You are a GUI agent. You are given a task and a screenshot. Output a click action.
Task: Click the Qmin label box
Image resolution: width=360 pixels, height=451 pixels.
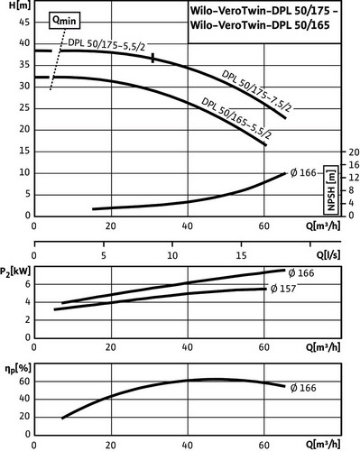tap(64, 21)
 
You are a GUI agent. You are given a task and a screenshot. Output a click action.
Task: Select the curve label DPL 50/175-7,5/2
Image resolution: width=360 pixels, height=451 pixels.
tap(256, 91)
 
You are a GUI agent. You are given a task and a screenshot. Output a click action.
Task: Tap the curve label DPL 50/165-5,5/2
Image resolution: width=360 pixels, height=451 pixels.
tap(236, 118)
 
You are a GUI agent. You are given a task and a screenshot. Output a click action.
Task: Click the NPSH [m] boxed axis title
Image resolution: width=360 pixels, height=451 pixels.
tap(331, 189)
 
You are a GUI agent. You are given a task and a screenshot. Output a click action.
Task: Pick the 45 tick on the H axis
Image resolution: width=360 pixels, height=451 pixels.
tap(24, 22)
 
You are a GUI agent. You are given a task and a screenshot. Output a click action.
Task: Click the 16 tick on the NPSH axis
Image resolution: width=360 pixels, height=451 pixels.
tap(353, 165)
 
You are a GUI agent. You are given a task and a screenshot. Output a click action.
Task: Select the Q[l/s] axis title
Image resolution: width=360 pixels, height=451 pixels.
tap(328, 255)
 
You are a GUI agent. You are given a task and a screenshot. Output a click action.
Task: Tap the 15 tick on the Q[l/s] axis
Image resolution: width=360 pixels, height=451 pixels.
tap(241, 255)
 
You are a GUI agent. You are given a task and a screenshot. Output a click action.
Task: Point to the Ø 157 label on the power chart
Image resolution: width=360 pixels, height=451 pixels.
tap(283, 289)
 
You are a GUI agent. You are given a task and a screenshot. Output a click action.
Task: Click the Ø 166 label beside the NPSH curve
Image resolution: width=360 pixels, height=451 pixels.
tap(303, 173)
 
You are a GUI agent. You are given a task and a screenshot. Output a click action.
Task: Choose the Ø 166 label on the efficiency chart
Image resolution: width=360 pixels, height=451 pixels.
tap(303, 388)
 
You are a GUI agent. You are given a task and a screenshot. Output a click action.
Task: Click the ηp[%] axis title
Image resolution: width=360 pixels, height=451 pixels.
tap(18, 369)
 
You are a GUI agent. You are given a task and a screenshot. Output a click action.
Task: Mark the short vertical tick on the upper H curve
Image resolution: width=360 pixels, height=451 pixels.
tap(153, 58)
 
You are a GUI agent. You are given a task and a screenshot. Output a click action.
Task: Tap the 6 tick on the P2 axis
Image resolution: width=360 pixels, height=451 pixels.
tap(28, 284)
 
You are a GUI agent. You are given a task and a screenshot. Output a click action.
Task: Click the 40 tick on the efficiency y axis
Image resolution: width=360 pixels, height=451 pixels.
tap(24, 399)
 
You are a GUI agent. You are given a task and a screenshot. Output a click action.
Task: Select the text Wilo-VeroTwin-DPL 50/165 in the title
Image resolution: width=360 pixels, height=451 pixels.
tap(260, 25)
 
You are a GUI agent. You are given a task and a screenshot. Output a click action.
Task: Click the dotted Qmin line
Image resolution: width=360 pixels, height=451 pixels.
tap(58, 59)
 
